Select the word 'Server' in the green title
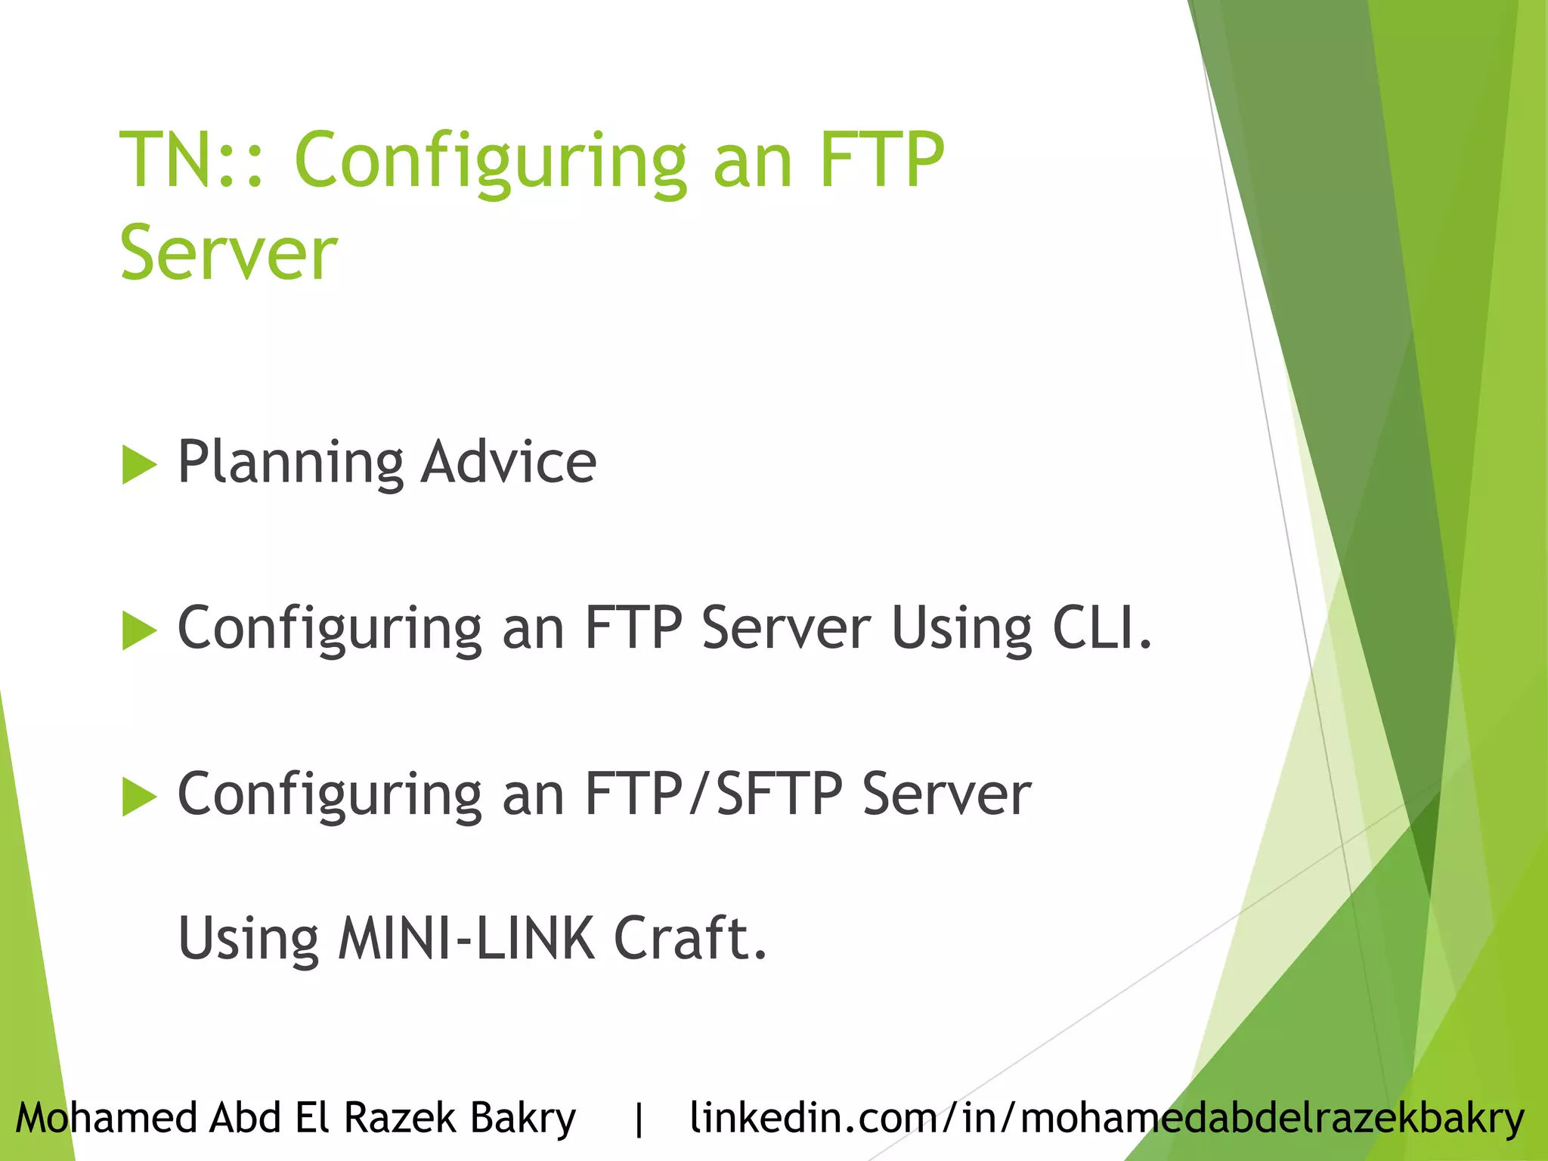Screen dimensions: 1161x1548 click(x=228, y=253)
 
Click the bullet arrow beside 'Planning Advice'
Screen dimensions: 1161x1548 click(x=138, y=464)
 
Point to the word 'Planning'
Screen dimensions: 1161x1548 click(x=290, y=463)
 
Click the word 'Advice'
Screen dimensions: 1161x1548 click(x=509, y=463)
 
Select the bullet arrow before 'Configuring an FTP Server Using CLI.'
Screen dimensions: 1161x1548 click(x=138, y=630)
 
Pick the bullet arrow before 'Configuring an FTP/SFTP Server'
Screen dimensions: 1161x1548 click(x=138, y=797)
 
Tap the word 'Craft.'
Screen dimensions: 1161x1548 click(x=690, y=938)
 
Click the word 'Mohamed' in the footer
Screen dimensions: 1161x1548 click(x=106, y=1119)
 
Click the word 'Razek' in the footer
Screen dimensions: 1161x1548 click(x=400, y=1119)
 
